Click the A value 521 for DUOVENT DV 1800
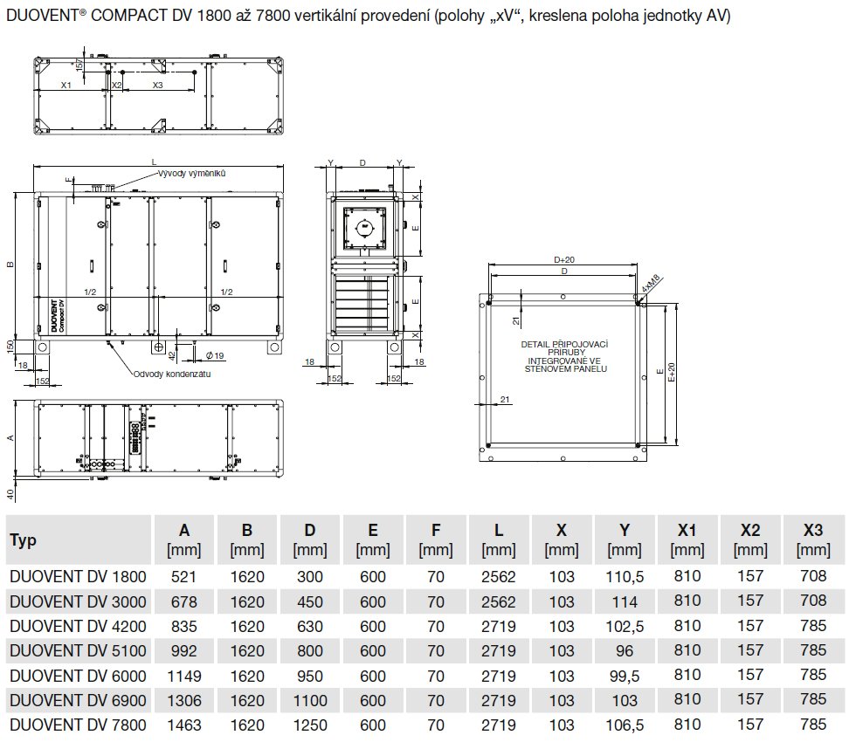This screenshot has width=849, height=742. coord(184,577)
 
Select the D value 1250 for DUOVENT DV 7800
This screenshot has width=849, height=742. coord(310,724)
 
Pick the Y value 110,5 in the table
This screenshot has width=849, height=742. coord(624,577)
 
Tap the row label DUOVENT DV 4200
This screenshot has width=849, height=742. coord(78,626)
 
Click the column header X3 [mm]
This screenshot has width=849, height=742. coord(813,539)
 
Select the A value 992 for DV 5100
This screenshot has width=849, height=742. coord(184,650)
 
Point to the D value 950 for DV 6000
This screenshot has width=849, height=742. coord(310,675)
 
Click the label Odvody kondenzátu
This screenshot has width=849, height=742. coord(172,374)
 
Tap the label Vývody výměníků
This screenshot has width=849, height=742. coord(193,174)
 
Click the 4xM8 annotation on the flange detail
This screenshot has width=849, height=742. coord(652,285)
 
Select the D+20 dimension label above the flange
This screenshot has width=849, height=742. coord(564,260)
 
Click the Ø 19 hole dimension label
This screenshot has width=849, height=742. coord(216,354)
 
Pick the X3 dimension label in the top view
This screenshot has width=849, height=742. coord(157,85)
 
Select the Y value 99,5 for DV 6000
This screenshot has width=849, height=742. coord(624,675)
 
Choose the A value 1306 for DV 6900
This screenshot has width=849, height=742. coord(184,699)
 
